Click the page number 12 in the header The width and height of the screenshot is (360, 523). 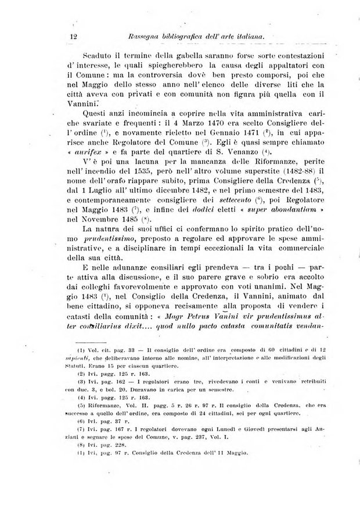pyautogui.click(x=74, y=37)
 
